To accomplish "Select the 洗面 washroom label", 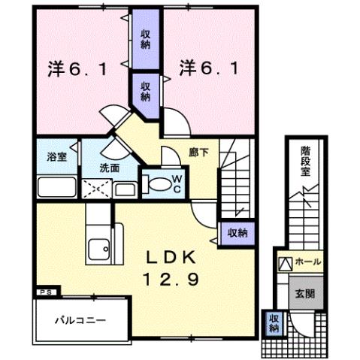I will [110, 168].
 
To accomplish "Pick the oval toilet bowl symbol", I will [158, 183].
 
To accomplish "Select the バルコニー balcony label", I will [79, 321].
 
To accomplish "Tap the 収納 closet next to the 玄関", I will [274, 324].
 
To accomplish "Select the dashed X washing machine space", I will [96, 187].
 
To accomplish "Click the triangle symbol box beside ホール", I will [286, 263].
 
